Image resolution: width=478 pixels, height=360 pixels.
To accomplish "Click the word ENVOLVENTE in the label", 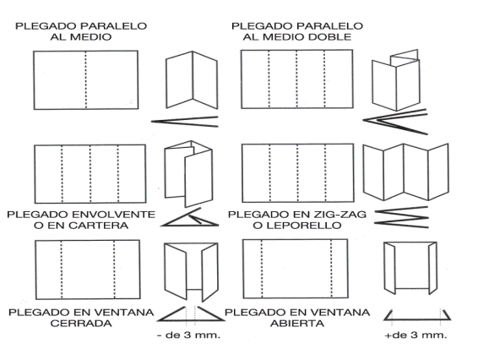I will tap(114, 215).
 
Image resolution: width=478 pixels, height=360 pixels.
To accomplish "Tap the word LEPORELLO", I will tap(299, 226).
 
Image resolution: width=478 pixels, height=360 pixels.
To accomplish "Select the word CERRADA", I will tap(81, 324).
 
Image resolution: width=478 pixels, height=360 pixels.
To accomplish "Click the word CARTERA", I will tap(99, 226).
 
